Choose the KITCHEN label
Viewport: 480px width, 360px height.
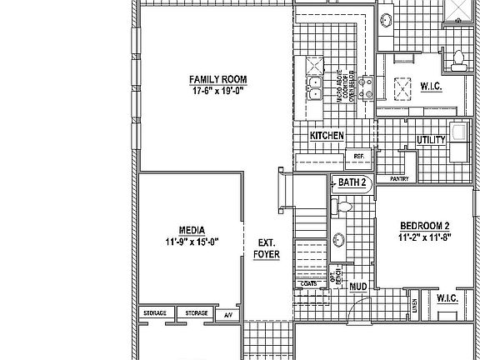coord(327,135)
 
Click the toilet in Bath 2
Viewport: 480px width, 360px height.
coord(344,206)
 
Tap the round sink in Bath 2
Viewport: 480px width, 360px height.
coord(340,241)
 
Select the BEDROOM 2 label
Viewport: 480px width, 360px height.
coord(424,226)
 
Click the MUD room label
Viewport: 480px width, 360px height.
coord(358,287)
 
